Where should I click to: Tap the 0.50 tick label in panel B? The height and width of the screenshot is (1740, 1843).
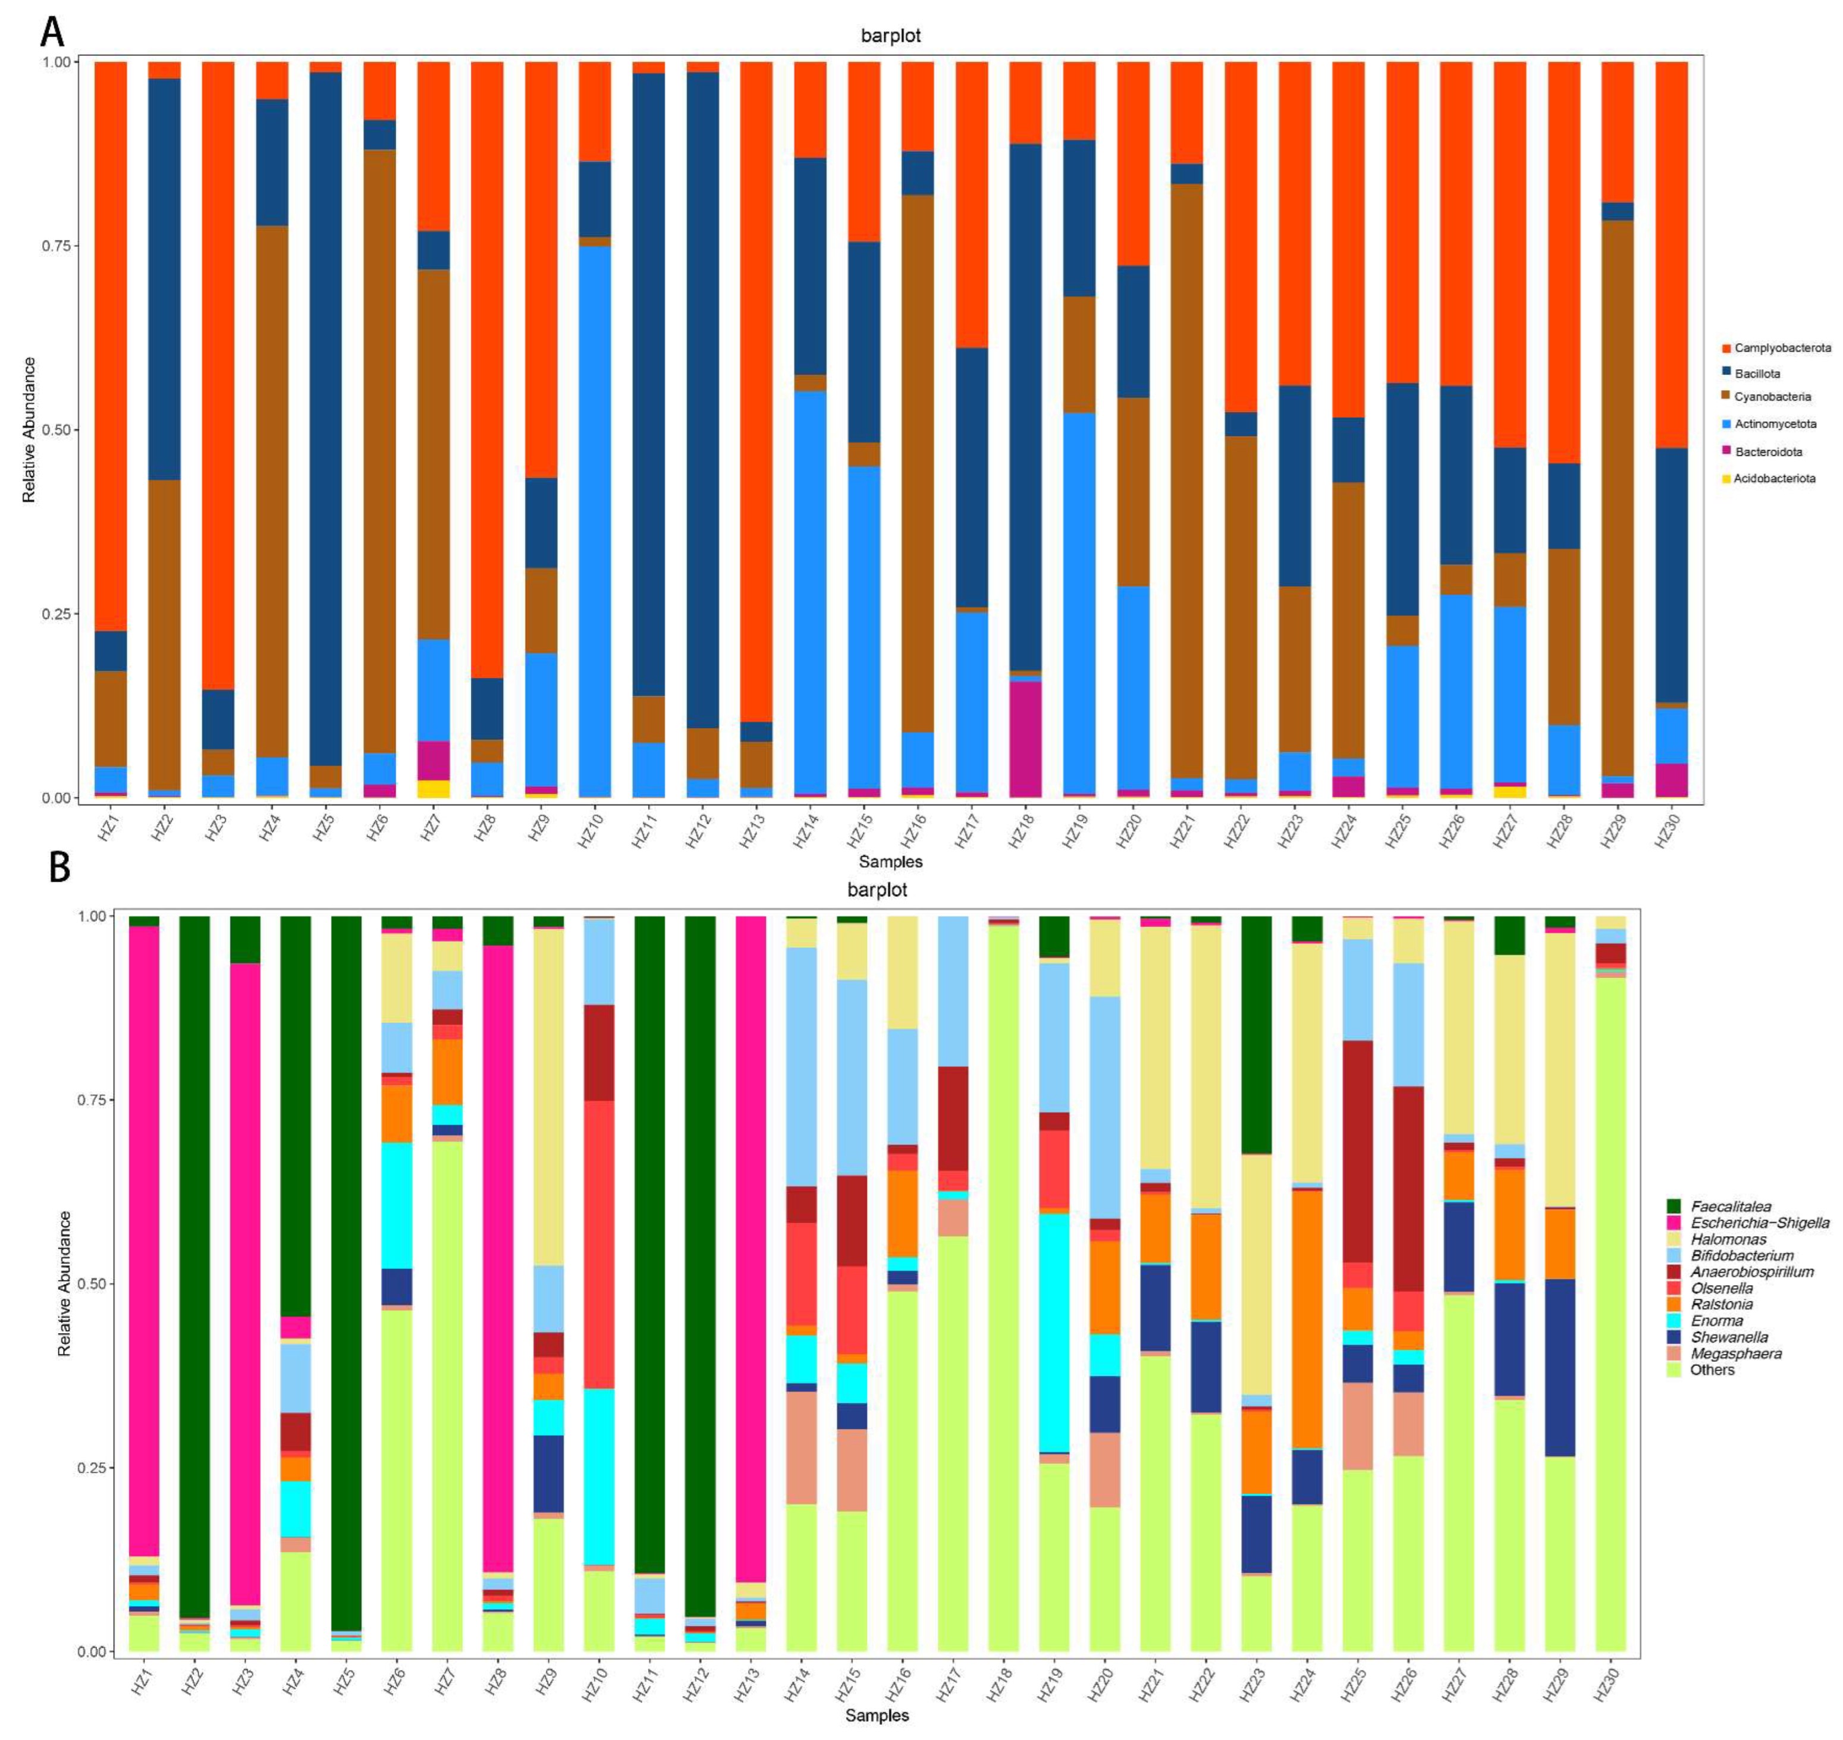(89, 1284)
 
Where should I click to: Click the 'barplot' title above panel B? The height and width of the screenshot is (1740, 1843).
(877, 890)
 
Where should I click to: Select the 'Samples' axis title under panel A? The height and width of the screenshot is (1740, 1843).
(890, 862)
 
